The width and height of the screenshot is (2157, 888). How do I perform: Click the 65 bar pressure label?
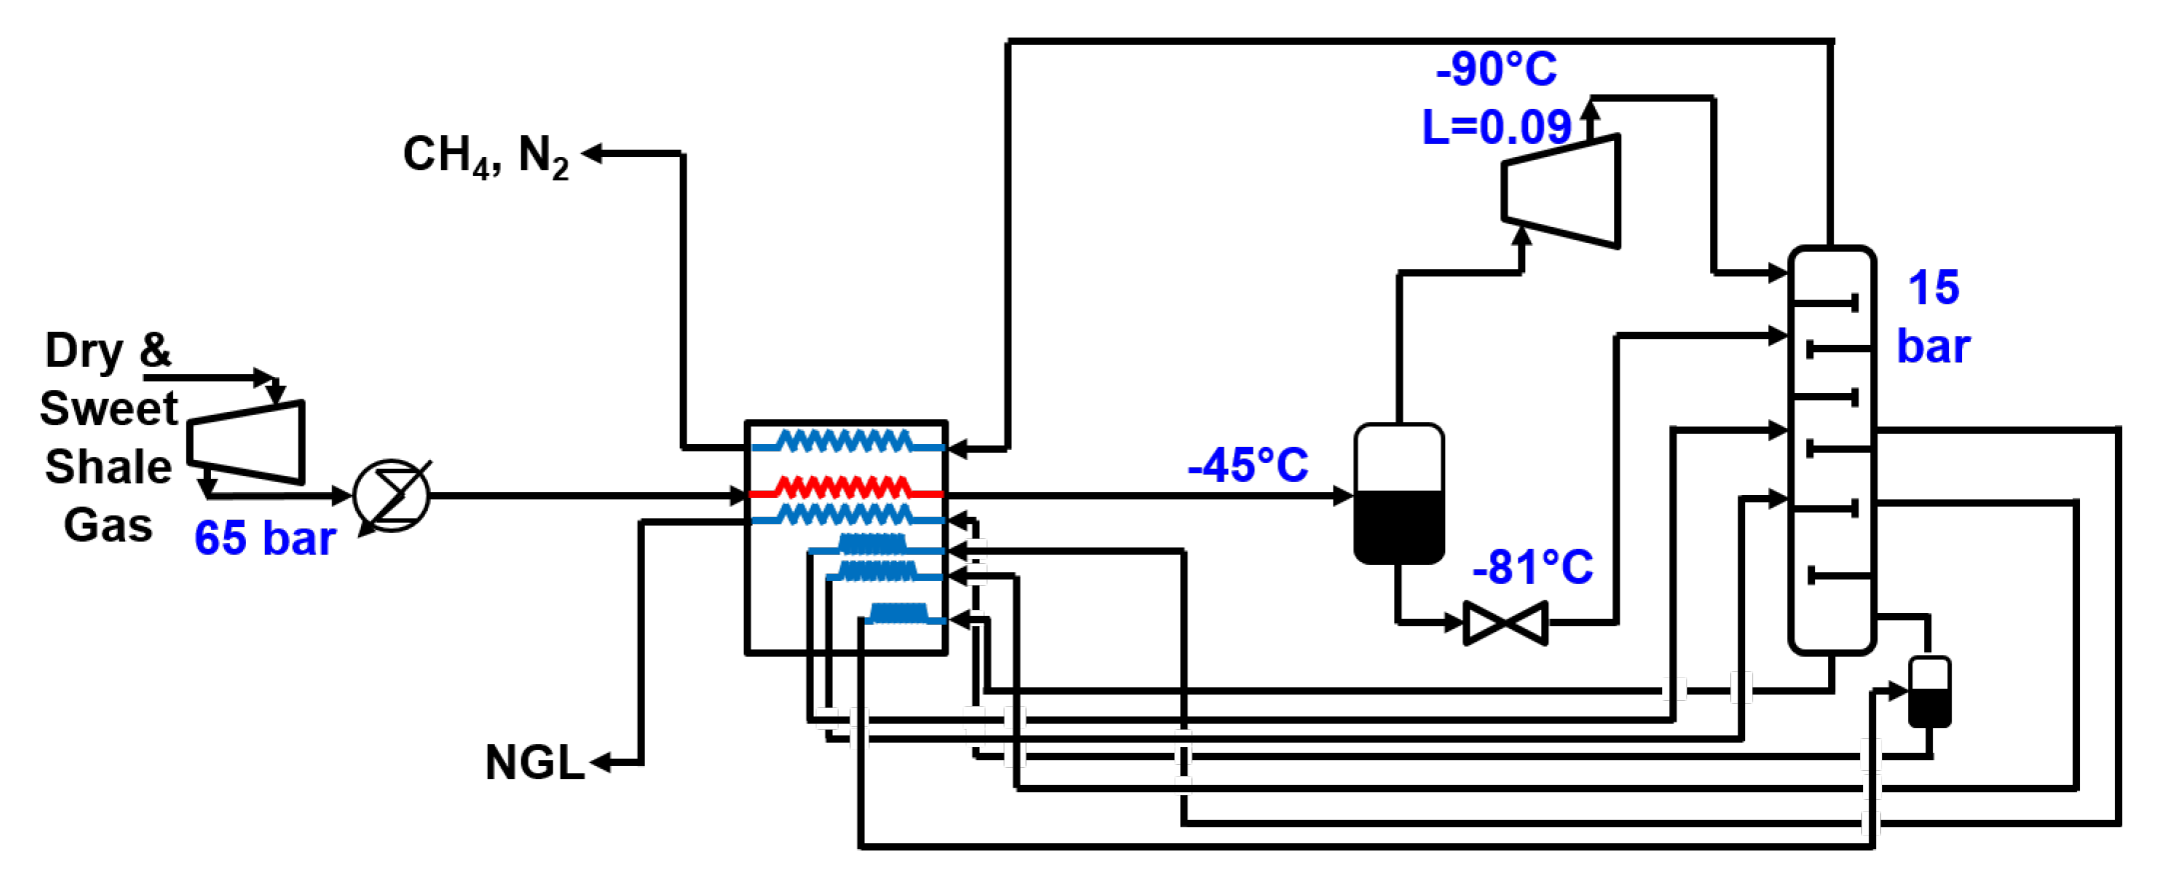(x=264, y=538)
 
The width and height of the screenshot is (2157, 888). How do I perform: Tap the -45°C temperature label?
(x=1247, y=465)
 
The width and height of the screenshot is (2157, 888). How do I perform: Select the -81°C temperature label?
(x=1532, y=567)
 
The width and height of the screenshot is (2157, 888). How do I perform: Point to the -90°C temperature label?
(x=1495, y=69)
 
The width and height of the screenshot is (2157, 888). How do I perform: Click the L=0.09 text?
(x=1496, y=127)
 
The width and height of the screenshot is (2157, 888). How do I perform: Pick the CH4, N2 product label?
(x=486, y=156)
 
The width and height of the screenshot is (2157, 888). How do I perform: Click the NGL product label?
(x=534, y=763)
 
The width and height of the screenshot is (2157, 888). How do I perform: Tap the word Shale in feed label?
(x=108, y=467)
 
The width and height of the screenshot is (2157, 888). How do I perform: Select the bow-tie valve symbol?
(x=1505, y=623)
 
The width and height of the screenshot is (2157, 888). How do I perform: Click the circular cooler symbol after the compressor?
(x=392, y=496)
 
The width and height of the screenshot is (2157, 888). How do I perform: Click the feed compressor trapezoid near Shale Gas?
(x=247, y=442)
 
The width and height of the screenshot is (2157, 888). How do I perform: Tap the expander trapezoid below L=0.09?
(x=1561, y=191)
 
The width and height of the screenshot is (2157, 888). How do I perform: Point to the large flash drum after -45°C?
(x=1398, y=494)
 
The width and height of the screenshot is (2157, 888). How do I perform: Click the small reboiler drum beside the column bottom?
(x=1929, y=692)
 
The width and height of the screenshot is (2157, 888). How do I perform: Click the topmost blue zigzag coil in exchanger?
(x=845, y=441)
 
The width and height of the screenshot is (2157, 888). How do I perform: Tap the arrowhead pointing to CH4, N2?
(x=592, y=153)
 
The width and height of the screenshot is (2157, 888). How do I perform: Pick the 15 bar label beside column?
(x=1933, y=317)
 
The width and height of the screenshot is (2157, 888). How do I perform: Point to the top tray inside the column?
(x=1825, y=302)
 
